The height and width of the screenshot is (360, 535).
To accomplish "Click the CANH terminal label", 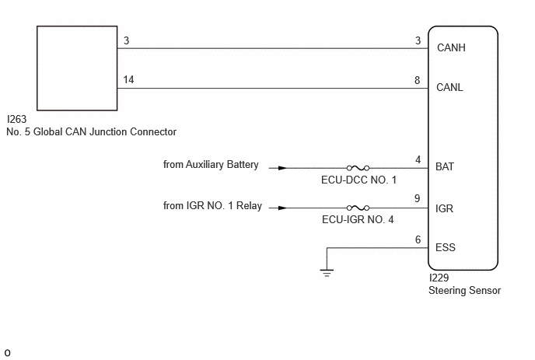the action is point(451,47).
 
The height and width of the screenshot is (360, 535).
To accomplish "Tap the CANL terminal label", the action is point(449,87).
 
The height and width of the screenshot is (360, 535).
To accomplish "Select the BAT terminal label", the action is point(445,166).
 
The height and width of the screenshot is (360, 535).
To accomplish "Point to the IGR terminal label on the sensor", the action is point(444,208).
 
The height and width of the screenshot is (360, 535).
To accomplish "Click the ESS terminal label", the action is point(446,247).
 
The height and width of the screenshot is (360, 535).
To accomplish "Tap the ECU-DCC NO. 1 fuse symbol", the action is point(358,168).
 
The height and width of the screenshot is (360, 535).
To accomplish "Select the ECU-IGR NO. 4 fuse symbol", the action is point(358,208).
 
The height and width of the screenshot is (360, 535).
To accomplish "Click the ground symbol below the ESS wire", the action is point(327,273).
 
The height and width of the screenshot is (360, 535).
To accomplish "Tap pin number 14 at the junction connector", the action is point(128,79).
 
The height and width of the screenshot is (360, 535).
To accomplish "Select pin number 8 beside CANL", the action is point(417,80).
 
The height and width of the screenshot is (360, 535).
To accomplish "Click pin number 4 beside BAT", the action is point(418,159).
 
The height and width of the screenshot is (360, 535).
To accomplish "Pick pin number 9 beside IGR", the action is point(417,198).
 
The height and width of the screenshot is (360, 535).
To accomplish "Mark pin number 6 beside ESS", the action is point(418,239).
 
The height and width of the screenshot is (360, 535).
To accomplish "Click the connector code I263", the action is point(17,119).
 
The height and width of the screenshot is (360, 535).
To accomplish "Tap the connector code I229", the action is point(439,278).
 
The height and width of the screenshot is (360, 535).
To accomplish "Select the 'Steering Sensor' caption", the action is point(465,290).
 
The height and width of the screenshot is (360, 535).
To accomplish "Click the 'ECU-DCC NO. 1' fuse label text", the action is point(359,180).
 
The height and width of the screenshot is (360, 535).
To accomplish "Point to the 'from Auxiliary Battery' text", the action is point(211,165).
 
